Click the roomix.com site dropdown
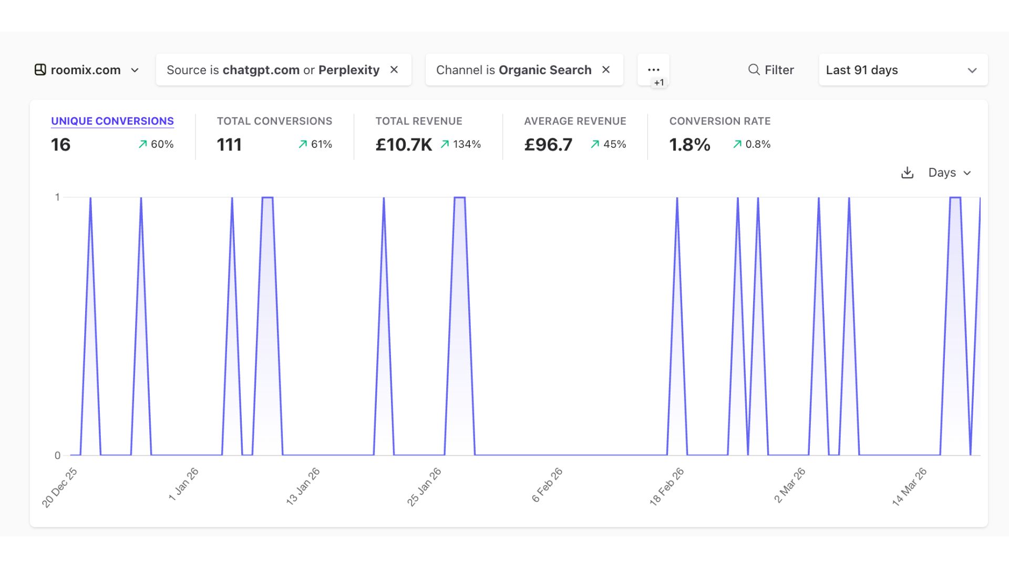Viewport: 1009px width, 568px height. (x=87, y=70)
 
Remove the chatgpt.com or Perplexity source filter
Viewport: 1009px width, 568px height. (x=394, y=70)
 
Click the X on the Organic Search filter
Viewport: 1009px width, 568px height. (x=606, y=70)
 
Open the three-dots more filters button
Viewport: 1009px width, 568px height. (x=653, y=70)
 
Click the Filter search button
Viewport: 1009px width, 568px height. (x=771, y=70)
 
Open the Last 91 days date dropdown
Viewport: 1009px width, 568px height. (x=902, y=70)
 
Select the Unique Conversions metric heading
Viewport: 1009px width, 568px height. (x=112, y=121)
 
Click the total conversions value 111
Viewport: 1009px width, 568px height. (x=229, y=145)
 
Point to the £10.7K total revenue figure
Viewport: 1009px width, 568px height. (x=404, y=145)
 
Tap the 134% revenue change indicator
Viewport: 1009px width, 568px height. (x=461, y=144)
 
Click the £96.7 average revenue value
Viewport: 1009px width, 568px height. (x=548, y=145)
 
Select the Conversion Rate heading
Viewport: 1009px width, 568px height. (x=719, y=121)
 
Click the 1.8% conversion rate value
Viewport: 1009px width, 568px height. (x=689, y=145)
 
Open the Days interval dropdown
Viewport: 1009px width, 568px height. (x=949, y=173)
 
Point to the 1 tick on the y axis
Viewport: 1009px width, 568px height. (x=57, y=197)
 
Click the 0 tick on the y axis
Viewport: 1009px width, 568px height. (x=57, y=455)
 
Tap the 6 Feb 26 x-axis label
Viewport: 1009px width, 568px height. (x=547, y=485)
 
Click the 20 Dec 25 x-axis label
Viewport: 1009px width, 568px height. (x=59, y=488)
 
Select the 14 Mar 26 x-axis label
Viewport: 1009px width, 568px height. (x=909, y=486)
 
